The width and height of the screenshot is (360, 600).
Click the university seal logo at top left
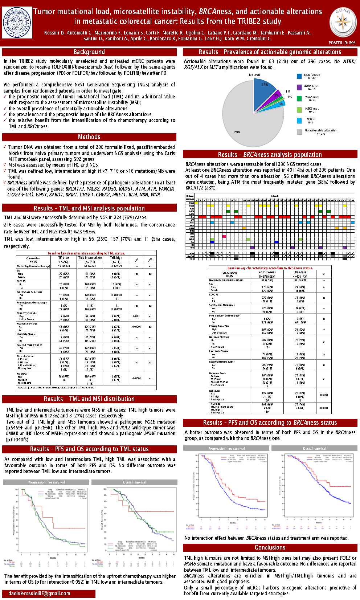[x=17, y=22]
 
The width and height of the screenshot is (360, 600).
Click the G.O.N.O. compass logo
[x=343, y=22]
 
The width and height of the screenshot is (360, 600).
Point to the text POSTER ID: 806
[x=342, y=43]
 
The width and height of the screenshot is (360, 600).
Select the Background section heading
[x=89, y=52]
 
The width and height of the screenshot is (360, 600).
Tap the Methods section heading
[x=89, y=137]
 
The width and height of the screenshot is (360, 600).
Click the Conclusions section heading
[x=270, y=547]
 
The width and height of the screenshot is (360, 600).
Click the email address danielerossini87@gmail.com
[x=39, y=593]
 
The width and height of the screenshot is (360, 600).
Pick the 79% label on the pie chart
[x=237, y=132]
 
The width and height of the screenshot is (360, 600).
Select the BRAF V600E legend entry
[x=311, y=76]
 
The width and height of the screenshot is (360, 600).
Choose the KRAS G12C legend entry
[x=311, y=87]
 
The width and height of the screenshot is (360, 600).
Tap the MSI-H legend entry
[x=310, y=121]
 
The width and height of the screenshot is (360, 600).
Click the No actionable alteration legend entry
[x=320, y=131]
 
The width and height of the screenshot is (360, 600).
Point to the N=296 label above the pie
[x=254, y=75]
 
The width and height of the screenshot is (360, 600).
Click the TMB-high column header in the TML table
[x=116, y=259]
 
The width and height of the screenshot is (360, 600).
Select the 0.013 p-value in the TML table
[x=136, y=316]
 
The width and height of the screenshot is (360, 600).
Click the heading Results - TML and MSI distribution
[x=89, y=399]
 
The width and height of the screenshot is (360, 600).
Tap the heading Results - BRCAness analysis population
[x=270, y=154]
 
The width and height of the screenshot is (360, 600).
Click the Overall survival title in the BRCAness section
[x=314, y=448]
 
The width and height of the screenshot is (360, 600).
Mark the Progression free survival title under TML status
[x=46, y=482]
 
